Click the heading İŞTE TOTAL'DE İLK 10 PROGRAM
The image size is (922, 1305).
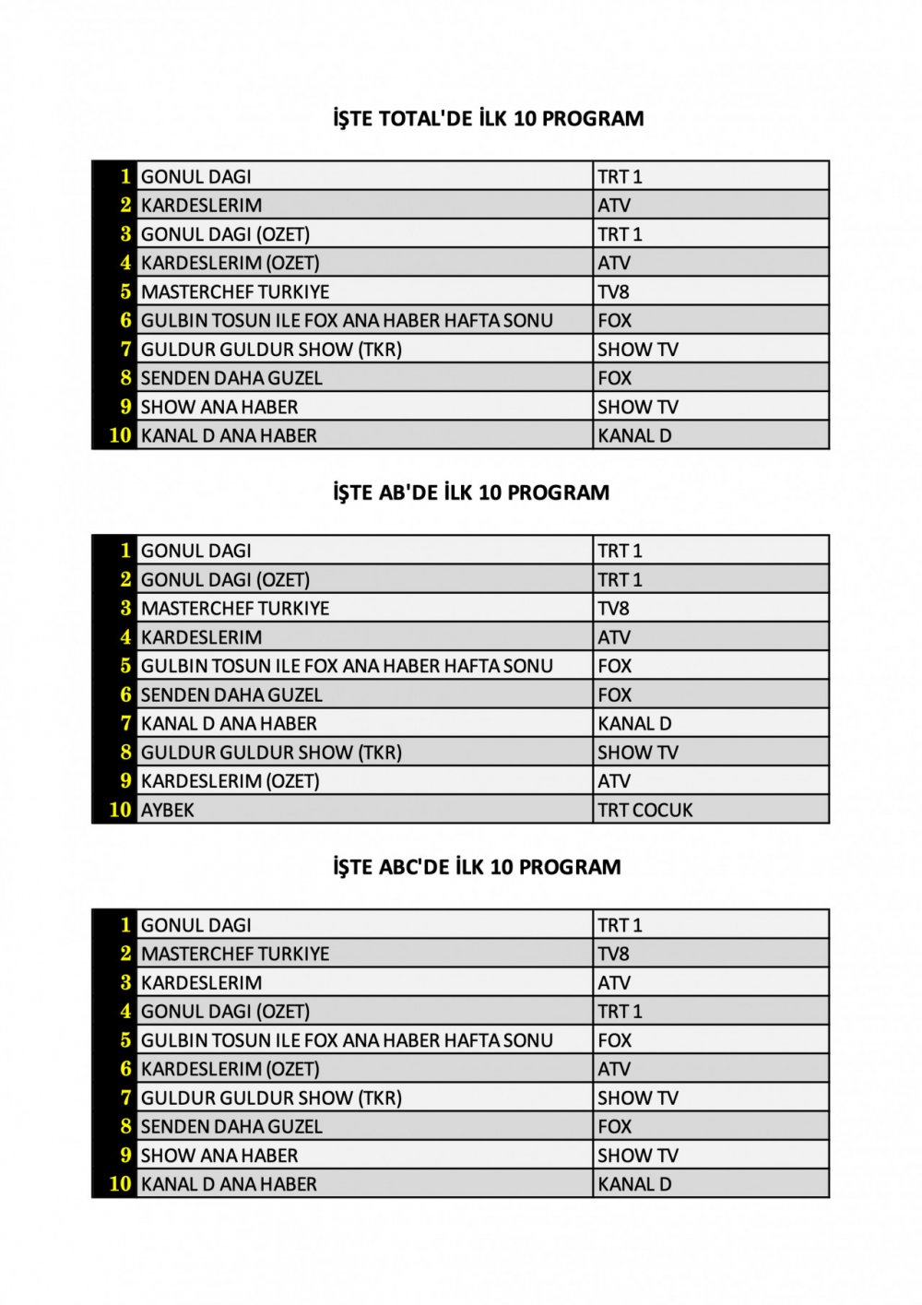[489, 119]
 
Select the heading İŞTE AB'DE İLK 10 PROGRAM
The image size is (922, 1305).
[471, 492]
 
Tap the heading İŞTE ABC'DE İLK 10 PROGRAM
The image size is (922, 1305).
[477, 867]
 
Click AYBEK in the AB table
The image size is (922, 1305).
[168, 810]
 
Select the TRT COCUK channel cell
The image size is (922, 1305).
[644, 810]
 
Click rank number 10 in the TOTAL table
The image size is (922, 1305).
[120, 435]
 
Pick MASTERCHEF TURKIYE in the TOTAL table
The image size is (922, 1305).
[235, 291]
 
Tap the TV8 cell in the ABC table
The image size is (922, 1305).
[613, 954]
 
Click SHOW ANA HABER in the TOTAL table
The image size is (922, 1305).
[219, 407]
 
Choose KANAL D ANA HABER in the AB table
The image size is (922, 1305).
[229, 724]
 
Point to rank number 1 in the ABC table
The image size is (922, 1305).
[125, 925]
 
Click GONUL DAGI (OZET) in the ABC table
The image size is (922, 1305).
[225, 1012]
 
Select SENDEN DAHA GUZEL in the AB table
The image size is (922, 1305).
[231, 694]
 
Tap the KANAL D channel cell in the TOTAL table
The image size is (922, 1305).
[634, 435]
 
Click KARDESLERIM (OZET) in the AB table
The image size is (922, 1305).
[230, 781]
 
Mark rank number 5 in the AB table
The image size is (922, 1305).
[125, 666]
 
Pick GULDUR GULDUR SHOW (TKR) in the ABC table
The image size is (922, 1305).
[271, 1097]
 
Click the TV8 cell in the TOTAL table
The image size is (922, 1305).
[613, 291]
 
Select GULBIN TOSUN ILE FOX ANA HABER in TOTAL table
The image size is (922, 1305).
[347, 320]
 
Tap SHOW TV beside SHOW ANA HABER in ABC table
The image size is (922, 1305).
[637, 1155]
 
